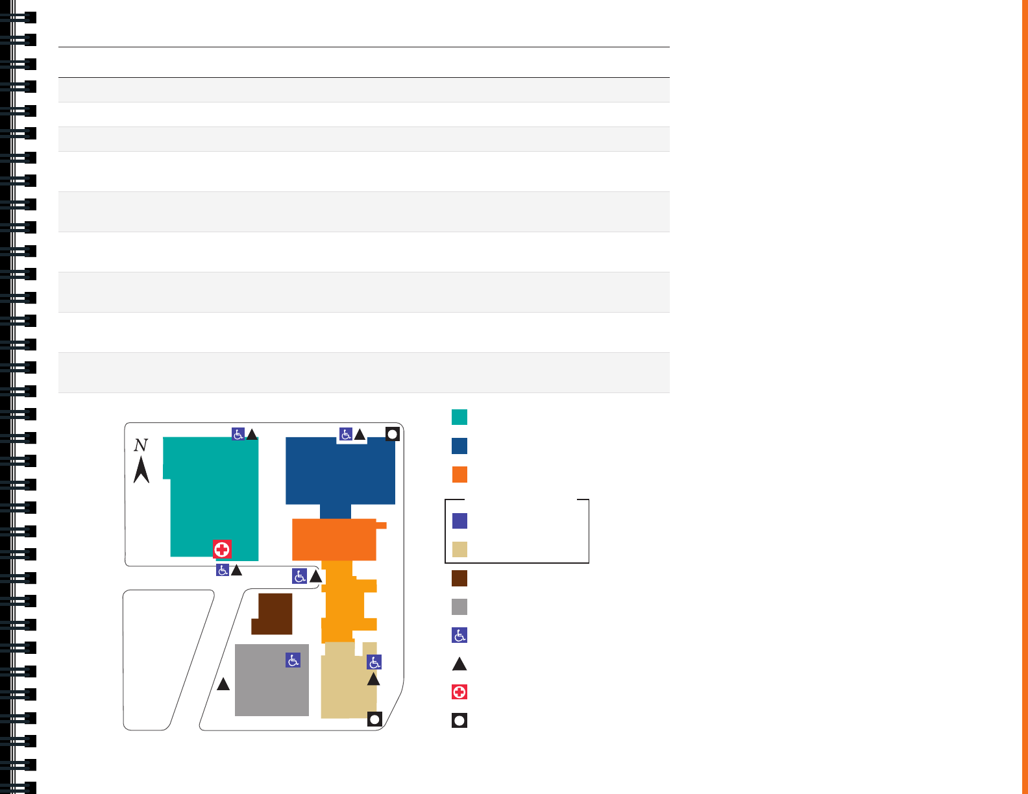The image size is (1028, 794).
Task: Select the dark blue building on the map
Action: pos(340,471)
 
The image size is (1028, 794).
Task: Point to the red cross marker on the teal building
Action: pos(222,549)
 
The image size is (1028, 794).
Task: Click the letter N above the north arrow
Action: pos(141,445)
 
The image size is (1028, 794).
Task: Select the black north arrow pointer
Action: pos(141,470)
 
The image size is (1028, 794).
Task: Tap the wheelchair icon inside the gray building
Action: pos(293,660)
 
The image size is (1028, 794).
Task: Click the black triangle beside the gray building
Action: pos(223,684)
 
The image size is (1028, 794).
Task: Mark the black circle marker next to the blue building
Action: pos(392,434)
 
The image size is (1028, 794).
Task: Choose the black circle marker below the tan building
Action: pos(374,719)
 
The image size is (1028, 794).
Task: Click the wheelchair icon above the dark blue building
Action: pos(346,434)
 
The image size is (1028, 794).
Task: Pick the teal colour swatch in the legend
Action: pos(459,417)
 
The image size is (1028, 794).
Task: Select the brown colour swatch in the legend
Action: pos(459,578)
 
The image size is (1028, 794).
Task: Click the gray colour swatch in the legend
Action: pos(459,607)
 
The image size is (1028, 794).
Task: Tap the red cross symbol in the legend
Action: pos(459,692)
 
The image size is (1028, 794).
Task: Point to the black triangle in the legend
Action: pos(459,664)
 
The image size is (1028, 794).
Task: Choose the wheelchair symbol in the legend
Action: pos(459,635)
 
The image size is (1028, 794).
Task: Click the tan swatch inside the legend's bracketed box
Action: pos(459,549)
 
